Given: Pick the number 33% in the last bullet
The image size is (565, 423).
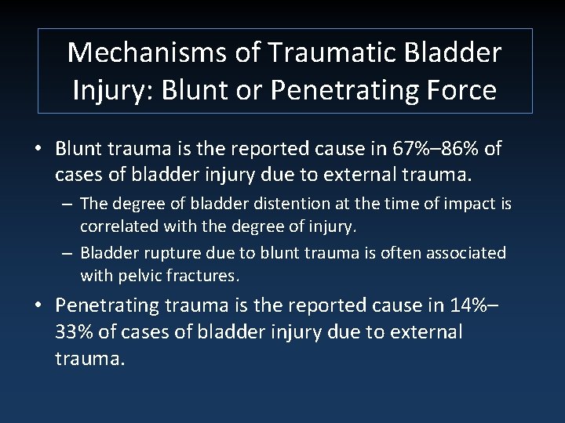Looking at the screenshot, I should click(x=75, y=332).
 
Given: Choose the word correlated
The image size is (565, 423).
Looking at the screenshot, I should click(x=118, y=226).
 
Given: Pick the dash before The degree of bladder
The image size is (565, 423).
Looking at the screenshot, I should click(x=68, y=204).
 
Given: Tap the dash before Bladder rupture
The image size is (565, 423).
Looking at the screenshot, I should click(x=68, y=254).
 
